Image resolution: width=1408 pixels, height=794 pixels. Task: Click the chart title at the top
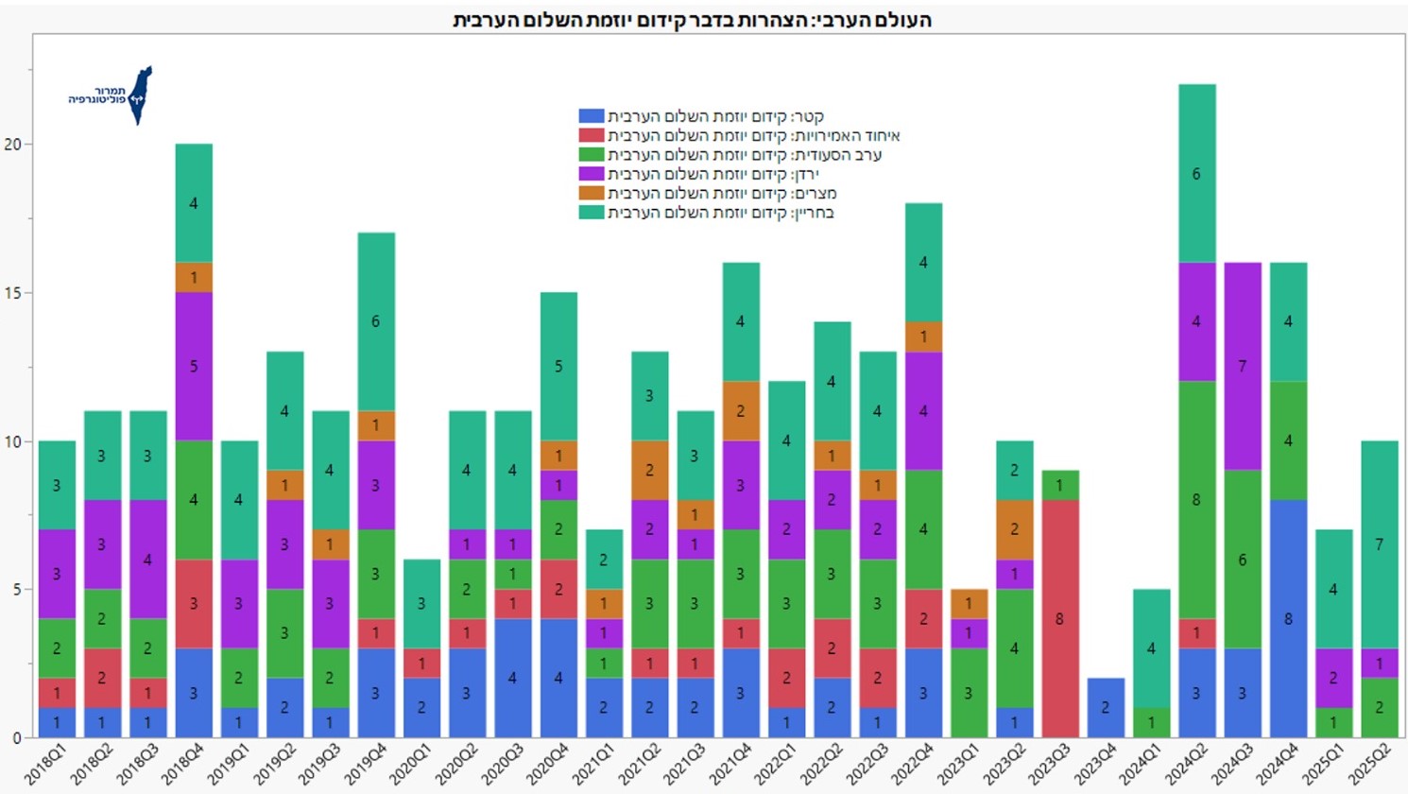pyautogui.click(x=692, y=20)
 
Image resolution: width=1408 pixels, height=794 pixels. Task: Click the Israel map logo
pyautogui.click(x=140, y=95)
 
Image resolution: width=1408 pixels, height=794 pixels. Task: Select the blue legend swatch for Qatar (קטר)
pyautogui.click(x=591, y=116)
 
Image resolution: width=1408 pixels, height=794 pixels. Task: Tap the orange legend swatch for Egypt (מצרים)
pyautogui.click(x=591, y=193)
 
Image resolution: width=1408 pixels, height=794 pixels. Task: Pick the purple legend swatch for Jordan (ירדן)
pyautogui.click(x=591, y=174)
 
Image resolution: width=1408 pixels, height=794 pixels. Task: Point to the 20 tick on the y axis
pyautogui.click(x=12, y=145)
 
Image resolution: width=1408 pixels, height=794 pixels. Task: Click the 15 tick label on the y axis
pyautogui.click(x=12, y=293)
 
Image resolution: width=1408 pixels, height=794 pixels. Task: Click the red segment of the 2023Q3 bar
pyautogui.click(x=1059, y=619)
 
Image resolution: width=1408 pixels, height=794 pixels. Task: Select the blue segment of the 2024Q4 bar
pyautogui.click(x=1288, y=619)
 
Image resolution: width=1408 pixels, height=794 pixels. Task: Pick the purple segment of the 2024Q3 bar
pyautogui.click(x=1242, y=366)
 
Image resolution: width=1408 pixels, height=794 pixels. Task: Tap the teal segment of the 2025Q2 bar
pyautogui.click(x=1379, y=544)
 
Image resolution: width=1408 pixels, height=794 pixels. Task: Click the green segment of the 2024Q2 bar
pyautogui.click(x=1196, y=500)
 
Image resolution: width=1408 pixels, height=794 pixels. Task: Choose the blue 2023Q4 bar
pyautogui.click(x=1105, y=708)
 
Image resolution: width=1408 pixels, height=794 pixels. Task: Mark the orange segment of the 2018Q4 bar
pyautogui.click(x=194, y=278)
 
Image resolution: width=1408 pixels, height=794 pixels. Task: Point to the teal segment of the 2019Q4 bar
pyautogui.click(x=376, y=321)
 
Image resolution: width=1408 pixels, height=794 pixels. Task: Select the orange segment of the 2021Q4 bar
pyautogui.click(x=740, y=411)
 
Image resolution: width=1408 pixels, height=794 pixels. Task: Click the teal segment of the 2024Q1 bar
pyautogui.click(x=1150, y=648)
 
